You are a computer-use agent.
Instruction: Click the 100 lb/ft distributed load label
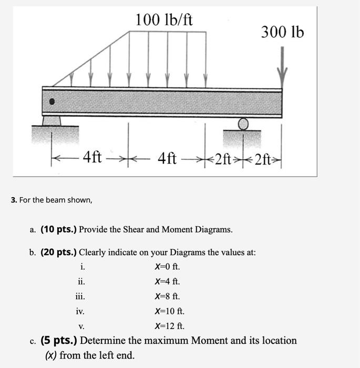164,21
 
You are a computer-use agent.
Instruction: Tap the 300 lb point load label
282,33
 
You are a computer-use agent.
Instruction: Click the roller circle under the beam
243,124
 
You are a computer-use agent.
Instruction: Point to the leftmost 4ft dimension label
93,157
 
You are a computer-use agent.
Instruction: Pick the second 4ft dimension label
167,157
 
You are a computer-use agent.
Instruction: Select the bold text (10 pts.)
58,229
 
